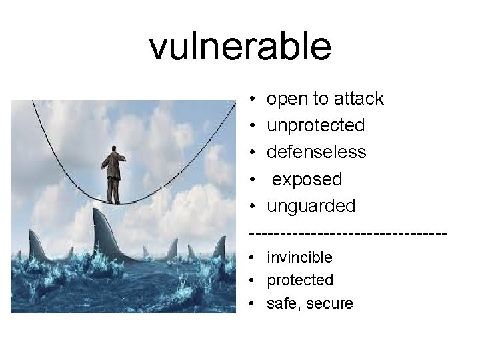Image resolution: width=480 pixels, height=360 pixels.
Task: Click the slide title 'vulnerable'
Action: tap(240, 47)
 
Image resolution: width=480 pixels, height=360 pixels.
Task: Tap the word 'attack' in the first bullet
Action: tap(359, 99)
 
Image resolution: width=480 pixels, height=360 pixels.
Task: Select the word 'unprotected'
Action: tap(315, 125)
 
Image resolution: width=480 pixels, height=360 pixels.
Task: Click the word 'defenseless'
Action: tap(316, 152)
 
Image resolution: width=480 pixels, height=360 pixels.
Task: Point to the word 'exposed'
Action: tap(307, 179)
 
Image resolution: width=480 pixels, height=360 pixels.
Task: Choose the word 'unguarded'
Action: tap(311, 206)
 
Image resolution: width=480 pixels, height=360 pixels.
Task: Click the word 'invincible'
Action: tap(299, 257)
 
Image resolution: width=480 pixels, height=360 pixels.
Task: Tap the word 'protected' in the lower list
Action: tap(300, 280)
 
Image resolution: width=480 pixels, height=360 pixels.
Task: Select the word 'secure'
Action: tap(329, 304)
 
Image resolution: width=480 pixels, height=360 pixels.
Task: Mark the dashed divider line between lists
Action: tap(347, 233)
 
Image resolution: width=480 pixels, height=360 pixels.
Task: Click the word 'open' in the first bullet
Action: tap(285, 99)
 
